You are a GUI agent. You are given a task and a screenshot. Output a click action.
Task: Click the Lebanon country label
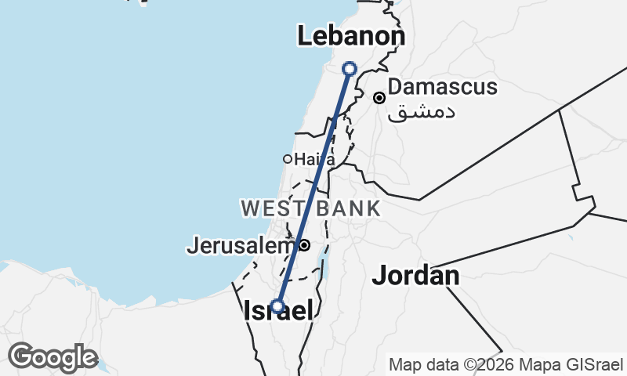coord(351,37)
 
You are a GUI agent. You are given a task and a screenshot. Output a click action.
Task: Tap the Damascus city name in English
coord(442,86)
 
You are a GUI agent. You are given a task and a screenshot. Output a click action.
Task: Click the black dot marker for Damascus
coord(379,98)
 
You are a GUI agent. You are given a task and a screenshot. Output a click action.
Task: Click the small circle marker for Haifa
coord(288,159)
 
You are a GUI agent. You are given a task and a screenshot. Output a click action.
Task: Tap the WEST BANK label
coord(310,208)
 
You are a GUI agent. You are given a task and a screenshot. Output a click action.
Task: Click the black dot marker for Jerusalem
coord(305,245)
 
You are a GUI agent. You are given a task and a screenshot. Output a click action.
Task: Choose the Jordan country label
coord(415,275)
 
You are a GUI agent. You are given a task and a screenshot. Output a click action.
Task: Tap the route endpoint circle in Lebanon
coord(350,69)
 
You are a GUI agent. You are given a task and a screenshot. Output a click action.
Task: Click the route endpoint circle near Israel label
coord(277,305)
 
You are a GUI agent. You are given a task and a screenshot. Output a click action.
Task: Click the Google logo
coord(53,357)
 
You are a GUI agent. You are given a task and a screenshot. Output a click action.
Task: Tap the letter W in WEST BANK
coord(250,208)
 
